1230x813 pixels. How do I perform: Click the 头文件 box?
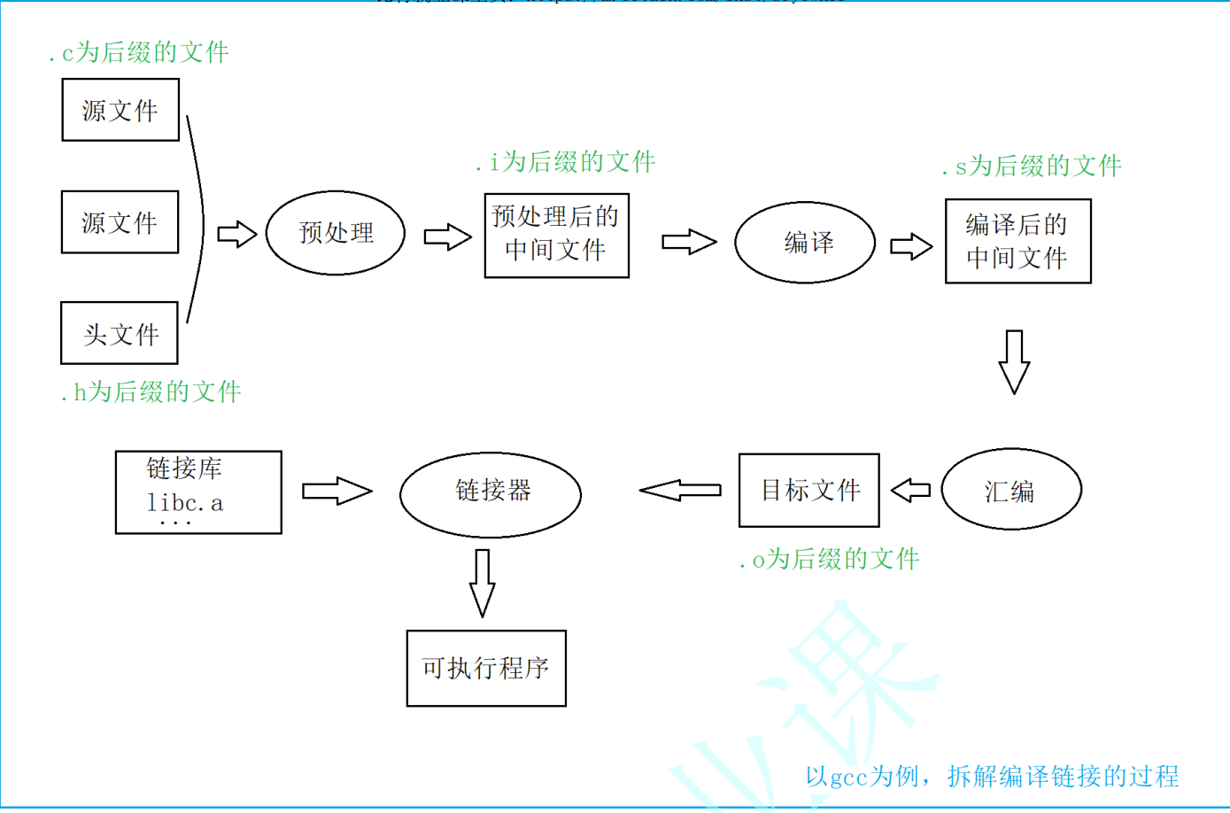[x=120, y=333]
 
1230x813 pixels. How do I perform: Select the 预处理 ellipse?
[x=336, y=233]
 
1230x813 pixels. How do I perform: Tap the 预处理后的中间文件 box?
[x=556, y=236]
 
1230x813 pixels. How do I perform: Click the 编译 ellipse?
[x=805, y=243]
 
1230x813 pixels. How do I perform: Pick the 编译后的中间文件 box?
[x=1017, y=241]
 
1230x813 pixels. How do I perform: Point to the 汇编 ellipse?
[x=1010, y=490]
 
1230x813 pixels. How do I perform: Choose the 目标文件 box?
[x=808, y=490]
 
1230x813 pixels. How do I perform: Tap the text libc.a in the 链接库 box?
[x=185, y=503]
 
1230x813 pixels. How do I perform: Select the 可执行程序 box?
[x=486, y=668]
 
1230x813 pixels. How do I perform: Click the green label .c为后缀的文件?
[x=139, y=52]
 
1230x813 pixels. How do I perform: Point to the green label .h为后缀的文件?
[x=151, y=391]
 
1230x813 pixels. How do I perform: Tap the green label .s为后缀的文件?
[x=1032, y=166]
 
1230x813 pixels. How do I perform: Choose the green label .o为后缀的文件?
[x=830, y=559]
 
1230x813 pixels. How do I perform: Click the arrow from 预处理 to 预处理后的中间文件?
[x=447, y=237]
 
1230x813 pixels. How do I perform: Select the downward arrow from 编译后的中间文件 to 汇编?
[x=1014, y=361]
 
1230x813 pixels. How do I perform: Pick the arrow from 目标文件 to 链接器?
[x=680, y=490]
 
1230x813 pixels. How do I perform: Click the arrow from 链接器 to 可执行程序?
[x=482, y=583]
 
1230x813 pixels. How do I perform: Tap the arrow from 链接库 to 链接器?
[x=337, y=491]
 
